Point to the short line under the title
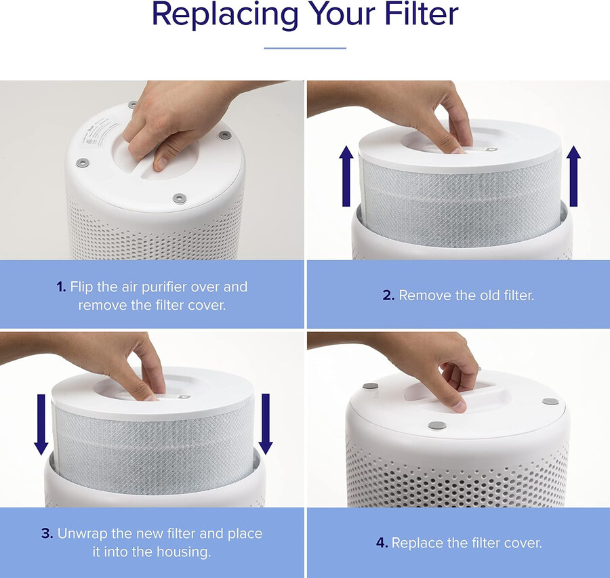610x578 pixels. point(304,48)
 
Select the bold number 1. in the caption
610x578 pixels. point(62,287)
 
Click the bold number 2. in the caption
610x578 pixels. point(388,295)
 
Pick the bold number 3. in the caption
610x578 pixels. point(47,533)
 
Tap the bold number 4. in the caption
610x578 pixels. point(382,543)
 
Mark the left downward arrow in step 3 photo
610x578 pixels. point(41,424)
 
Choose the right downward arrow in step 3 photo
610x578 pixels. point(266,424)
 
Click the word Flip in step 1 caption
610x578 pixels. point(82,287)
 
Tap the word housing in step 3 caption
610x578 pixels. point(186,552)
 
